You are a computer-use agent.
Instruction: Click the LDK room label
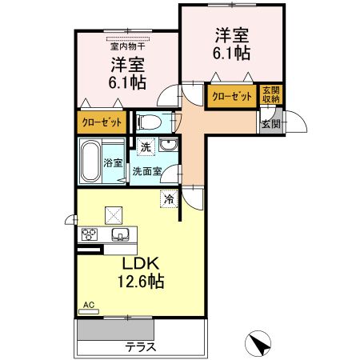pyautogui.click(x=143, y=264)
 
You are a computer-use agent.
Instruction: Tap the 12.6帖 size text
pyautogui.click(x=143, y=282)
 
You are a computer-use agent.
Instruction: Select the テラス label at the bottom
pyautogui.click(x=140, y=348)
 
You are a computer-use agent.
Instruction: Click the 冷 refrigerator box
pyautogui.click(x=169, y=198)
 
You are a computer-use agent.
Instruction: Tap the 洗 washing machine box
pyautogui.click(x=145, y=147)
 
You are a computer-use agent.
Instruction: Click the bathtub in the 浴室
pyautogui.click(x=90, y=162)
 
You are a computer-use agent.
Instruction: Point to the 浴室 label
pyautogui.click(x=113, y=163)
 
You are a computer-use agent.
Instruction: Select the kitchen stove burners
pyautogui.click(x=87, y=234)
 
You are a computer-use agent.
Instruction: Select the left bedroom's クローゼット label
pyautogui.click(x=102, y=123)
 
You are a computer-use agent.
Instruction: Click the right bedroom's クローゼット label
pyautogui.click(x=232, y=96)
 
